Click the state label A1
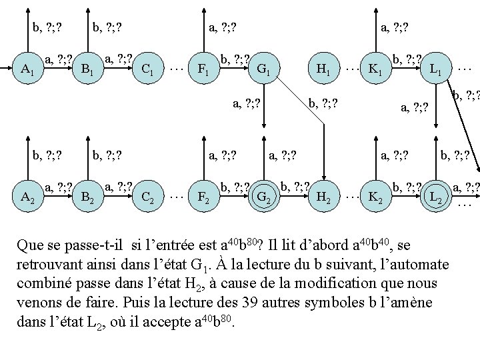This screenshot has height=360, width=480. pyautogui.click(x=27, y=68)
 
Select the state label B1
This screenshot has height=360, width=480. pyautogui.click(x=86, y=68)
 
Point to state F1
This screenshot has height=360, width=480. pyautogui.click(x=198, y=68)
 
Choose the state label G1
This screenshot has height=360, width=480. pyautogui.click(x=263, y=68)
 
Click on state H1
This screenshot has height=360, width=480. pyautogui.click(x=323, y=68)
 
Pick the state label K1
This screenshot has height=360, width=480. pyautogui.click(x=375, y=68)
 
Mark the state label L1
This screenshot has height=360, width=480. pyautogui.click(x=437, y=68)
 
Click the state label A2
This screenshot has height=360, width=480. pyautogui.click(x=27, y=197)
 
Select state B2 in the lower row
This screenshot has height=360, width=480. pyautogui.click(x=86, y=197)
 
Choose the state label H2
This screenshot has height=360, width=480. pyautogui.click(x=323, y=197)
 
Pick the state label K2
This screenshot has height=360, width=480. pyautogui.click(x=375, y=197)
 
